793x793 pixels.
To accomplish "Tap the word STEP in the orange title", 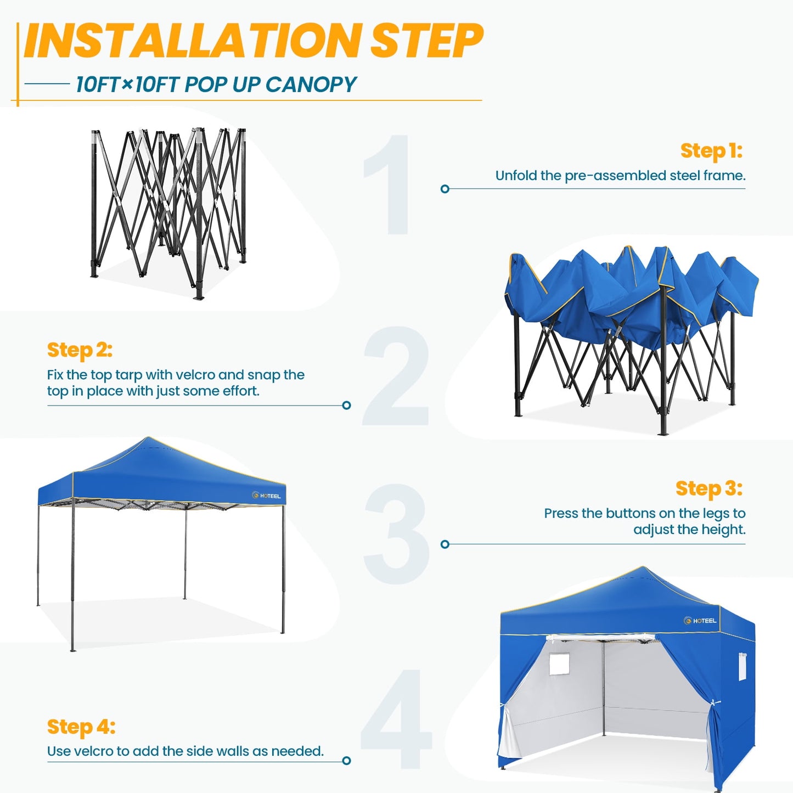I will [x=426, y=41].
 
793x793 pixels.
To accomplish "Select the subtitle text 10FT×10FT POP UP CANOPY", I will [x=216, y=85].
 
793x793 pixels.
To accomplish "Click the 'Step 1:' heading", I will [x=711, y=151].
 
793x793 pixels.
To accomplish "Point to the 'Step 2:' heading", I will [x=80, y=350].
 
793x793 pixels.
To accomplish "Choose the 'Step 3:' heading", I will [x=708, y=488].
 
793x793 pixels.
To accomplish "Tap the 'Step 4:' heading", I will [x=81, y=727].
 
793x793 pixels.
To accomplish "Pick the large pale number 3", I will [x=396, y=534].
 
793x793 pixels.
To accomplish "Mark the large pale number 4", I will [x=396, y=719].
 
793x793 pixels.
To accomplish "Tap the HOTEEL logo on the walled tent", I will [x=700, y=621].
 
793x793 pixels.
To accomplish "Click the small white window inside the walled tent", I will [x=559, y=664].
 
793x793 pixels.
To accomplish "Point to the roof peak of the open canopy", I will [x=148, y=438].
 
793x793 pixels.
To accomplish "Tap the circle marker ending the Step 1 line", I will [x=445, y=189].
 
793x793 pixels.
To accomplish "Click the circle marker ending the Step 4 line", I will [x=346, y=761].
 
